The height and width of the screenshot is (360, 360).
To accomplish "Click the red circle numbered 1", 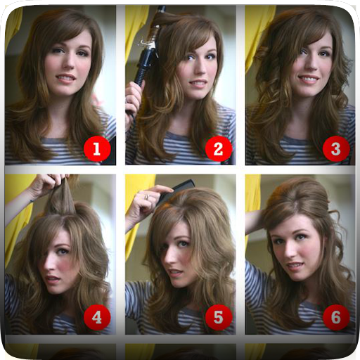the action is tap(97, 149).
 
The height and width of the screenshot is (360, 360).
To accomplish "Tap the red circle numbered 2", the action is tap(219, 148).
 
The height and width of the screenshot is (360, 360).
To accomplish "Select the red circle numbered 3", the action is tap(336, 148).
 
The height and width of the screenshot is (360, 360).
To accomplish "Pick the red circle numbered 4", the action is tap(97, 317).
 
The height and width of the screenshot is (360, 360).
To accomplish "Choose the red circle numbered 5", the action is tap(219, 317).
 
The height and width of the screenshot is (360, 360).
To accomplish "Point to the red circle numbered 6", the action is tap(336, 317).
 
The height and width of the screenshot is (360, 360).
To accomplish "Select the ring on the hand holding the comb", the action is tap(147, 197).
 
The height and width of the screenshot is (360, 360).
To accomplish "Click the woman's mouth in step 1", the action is tap(65, 78).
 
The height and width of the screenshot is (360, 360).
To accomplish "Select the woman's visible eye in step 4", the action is tap(61, 252).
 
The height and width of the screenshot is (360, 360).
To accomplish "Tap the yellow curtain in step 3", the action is tap(255, 35).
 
